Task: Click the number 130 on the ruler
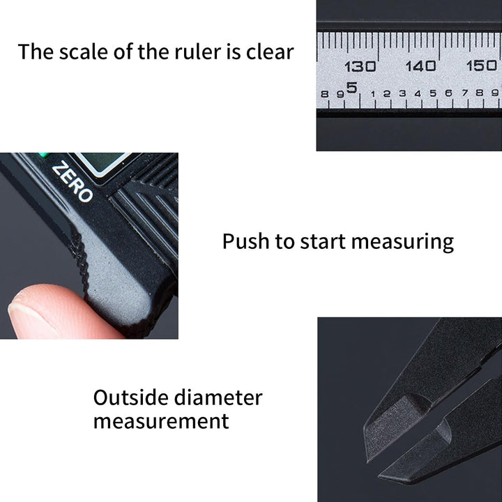[360, 67]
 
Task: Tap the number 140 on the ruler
[420, 66]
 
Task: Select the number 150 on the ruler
[482, 66]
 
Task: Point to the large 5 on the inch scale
[351, 88]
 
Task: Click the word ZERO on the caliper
[73, 181]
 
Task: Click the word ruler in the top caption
[197, 52]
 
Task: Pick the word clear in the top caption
[270, 52]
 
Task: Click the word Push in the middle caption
[245, 241]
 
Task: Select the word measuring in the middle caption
[402, 243]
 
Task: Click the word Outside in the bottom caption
[130, 397]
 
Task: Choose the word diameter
[218, 397]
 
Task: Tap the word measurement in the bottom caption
[161, 421]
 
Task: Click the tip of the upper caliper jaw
[368, 460]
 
